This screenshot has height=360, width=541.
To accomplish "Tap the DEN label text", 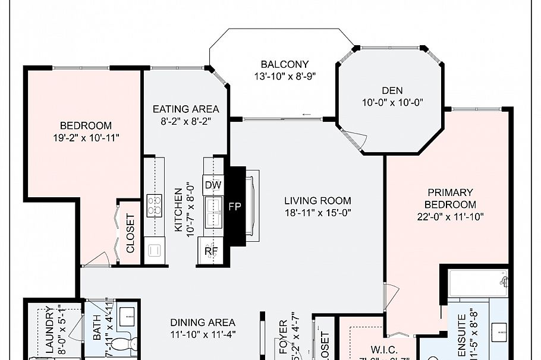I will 392,90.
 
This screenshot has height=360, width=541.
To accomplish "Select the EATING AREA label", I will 185,109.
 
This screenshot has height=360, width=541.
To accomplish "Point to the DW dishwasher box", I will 213,185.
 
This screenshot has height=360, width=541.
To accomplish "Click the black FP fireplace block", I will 235,206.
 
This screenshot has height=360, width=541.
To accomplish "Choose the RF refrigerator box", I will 211,251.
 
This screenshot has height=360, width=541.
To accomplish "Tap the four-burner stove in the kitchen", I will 155,206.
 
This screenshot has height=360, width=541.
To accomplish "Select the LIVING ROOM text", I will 317,201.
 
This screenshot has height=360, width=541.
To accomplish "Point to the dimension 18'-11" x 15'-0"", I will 317,213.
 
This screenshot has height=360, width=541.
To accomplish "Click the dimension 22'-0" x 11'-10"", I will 450,217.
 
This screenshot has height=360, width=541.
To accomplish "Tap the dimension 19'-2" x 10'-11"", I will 86,138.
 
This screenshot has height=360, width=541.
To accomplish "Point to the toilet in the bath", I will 124,343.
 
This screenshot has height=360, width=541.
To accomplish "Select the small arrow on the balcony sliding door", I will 306,115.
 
